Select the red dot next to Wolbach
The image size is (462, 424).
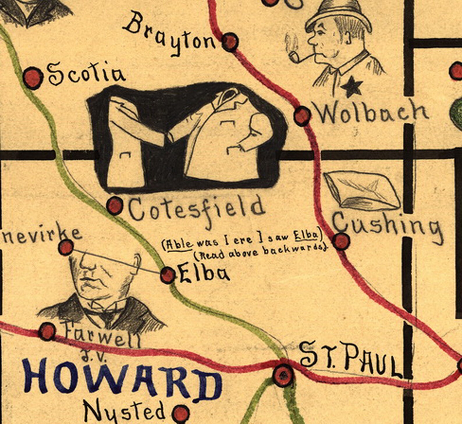(x=302, y=115)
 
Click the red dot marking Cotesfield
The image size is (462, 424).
(x=115, y=206)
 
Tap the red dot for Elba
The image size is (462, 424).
(x=168, y=275)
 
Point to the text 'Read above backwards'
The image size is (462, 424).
(x=259, y=253)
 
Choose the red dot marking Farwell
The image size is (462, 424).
(x=47, y=331)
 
